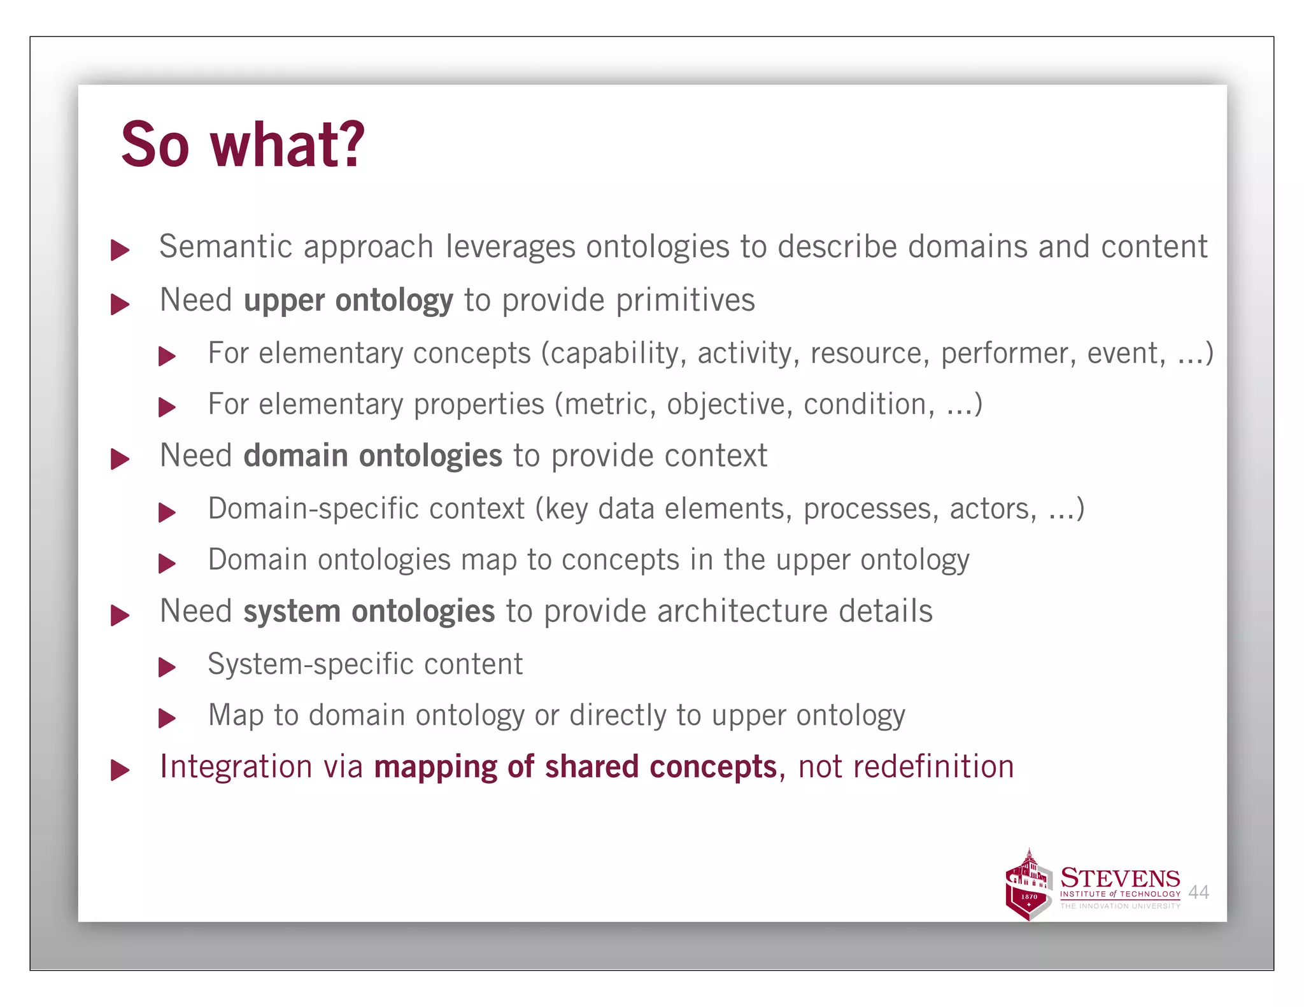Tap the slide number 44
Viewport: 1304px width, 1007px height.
[1198, 892]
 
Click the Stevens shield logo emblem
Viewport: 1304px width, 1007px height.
[1028, 886]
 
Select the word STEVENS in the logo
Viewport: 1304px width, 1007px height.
[1120, 878]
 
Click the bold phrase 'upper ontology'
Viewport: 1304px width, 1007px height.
[348, 300]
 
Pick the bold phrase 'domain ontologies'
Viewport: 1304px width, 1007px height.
[373, 456]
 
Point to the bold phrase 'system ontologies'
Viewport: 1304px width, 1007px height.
[369, 611]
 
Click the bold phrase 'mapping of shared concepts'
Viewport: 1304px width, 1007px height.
[576, 766]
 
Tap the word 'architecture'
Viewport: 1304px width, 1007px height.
[742, 611]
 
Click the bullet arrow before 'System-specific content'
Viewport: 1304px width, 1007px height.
[167, 667]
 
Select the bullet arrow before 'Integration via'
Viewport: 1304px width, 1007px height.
[120, 770]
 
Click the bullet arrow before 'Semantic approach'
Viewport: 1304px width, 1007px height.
[120, 250]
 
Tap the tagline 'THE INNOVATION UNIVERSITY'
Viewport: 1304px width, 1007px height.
[1120, 906]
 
